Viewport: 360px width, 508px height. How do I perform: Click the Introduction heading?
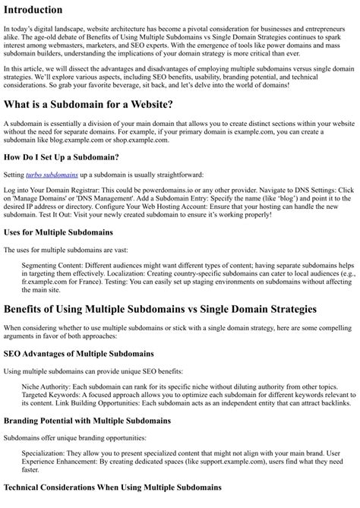[33, 10]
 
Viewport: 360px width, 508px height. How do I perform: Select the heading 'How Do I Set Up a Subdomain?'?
[61, 156]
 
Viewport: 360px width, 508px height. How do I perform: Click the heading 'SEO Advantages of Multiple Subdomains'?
[78, 353]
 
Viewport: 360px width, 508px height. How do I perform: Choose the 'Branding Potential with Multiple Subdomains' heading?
[87, 420]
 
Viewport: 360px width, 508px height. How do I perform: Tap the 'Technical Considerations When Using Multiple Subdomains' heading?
[112, 487]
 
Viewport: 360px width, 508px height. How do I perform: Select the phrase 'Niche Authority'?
[46, 387]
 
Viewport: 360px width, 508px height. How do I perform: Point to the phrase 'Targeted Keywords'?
[50, 396]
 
